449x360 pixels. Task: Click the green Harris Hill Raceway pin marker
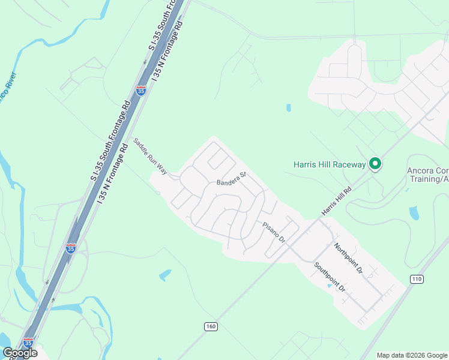coord(375,163)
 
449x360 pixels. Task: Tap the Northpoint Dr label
coord(349,259)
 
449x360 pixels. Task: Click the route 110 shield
coord(417,279)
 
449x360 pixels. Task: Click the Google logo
coord(20,353)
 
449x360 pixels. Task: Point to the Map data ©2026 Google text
coord(412,355)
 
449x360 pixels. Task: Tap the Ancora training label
coord(427,175)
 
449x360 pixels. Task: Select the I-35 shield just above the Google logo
coord(28,343)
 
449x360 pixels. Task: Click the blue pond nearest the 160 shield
coord(165,275)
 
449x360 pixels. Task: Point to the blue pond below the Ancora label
coord(414,212)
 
